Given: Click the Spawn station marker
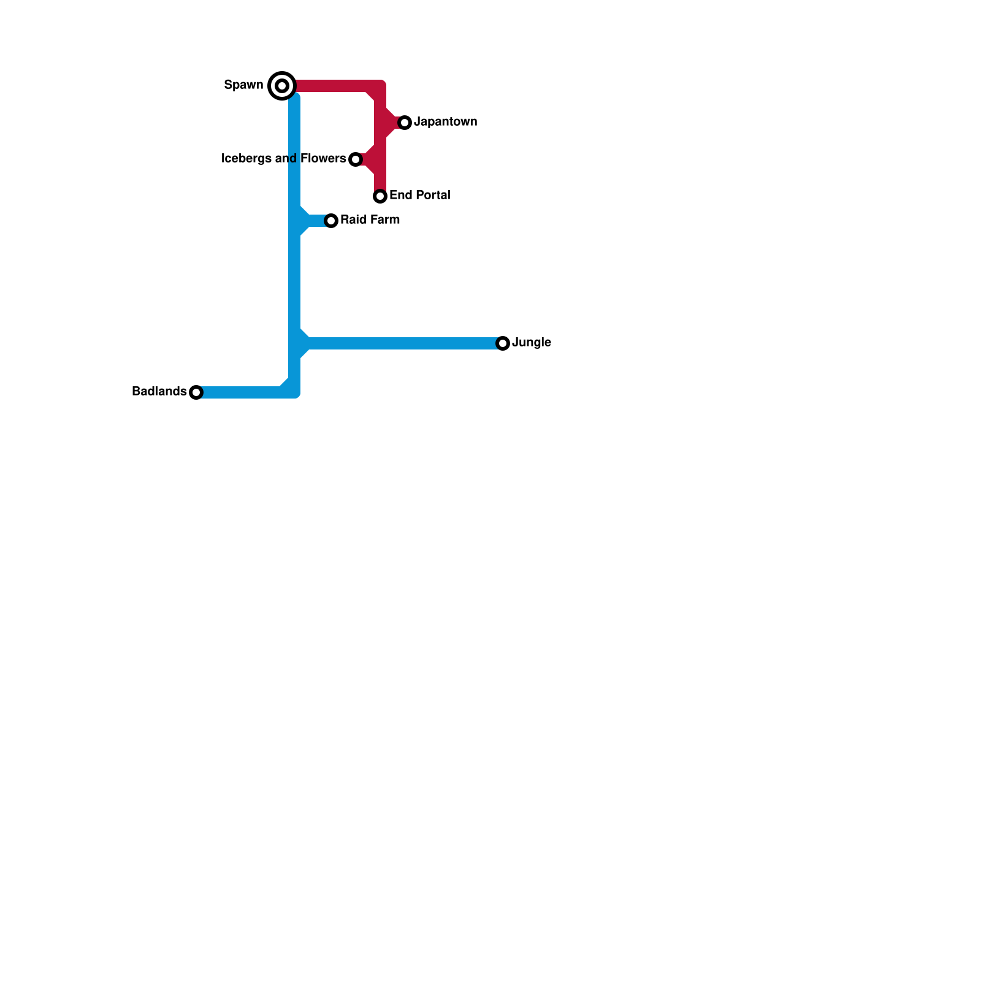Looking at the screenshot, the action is [x=282, y=86].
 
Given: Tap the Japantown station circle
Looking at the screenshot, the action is [x=405, y=123].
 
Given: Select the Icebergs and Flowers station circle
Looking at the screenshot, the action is [x=356, y=159].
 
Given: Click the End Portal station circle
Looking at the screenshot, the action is [x=380, y=196].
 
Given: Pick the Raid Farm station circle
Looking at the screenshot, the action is [x=331, y=221].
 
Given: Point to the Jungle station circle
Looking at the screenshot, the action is [x=503, y=343].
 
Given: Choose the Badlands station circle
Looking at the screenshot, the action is [x=196, y=392].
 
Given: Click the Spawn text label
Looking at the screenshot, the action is [x=243, y=85].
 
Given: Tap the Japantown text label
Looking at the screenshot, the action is [x=445, y=122].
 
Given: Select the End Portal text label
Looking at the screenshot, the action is [x=419, y=196].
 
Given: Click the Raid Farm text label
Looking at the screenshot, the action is [x=370, y=220].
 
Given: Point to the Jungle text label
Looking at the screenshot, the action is [x=531, y=343].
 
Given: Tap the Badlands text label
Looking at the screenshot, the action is [x=159, y=392].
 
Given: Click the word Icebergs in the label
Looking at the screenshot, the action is [x=246, y=159].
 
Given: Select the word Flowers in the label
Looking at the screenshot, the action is [x=323, y=159].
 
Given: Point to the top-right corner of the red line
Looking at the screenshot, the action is [x=380, y=86].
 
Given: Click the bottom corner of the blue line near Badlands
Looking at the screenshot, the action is [x=294, y=392].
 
